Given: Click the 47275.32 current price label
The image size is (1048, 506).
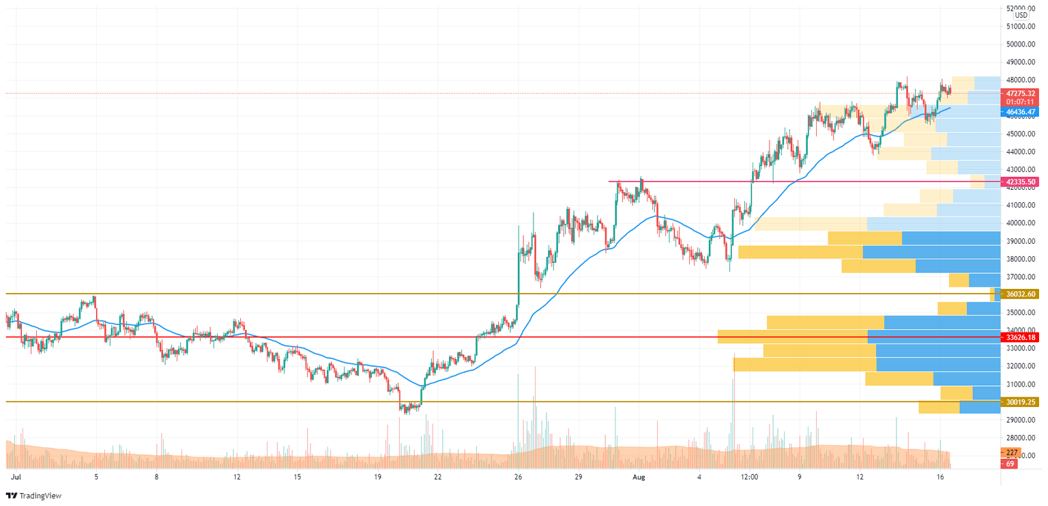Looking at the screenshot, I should tap(1020, 93).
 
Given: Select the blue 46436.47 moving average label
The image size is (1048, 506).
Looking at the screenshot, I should tap(1020, 111).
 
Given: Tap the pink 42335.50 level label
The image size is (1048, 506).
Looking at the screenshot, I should tap(1020, 182).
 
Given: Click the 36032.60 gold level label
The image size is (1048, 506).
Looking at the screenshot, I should tap(1020, 294).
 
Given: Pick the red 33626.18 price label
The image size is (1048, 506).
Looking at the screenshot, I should tap(1020, 337).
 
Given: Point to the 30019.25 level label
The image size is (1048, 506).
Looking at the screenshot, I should tap(1020, 402).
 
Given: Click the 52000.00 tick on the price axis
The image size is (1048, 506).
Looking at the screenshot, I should tap(1021, 8).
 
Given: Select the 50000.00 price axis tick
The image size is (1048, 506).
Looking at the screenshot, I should tap(1021, 44).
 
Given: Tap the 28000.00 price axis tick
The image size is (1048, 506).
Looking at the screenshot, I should tap(1021, 438).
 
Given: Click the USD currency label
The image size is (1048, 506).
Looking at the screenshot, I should tap(1021, 15).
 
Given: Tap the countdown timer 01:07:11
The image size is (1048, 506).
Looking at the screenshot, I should tap(1020, 101).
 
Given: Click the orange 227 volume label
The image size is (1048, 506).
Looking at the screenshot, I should tap(1012, 452).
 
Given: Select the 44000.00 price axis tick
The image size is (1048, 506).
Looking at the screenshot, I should tap(1021, 152).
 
